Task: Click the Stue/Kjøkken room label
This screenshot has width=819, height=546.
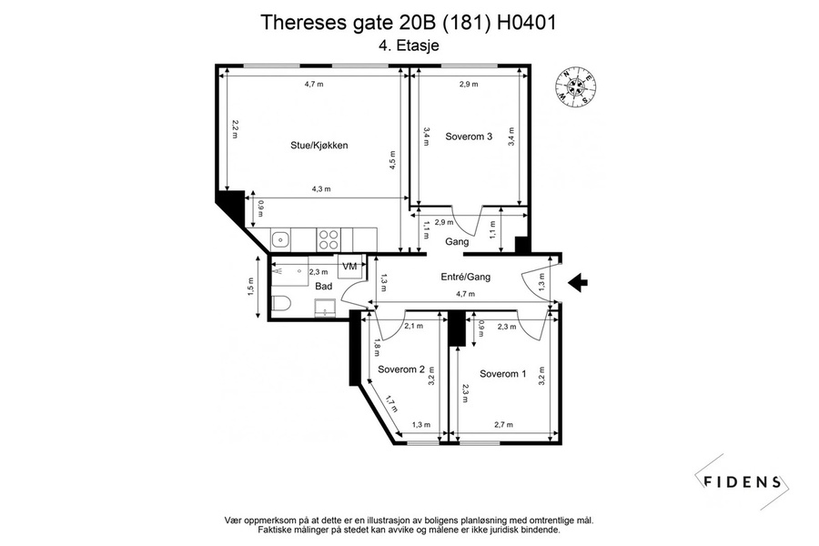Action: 319,146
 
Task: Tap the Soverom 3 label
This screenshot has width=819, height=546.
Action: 469,136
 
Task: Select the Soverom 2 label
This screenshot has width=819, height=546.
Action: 401,369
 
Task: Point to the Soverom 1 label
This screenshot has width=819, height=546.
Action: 503,374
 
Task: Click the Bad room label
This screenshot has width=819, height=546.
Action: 324,287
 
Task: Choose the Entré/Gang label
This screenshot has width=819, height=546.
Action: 466,277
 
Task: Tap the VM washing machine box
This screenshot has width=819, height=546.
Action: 349,266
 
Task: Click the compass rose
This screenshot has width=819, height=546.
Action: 577,88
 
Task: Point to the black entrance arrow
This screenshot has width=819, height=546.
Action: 578,283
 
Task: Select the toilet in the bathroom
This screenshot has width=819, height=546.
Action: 281,303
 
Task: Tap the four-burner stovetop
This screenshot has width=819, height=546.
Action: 329,240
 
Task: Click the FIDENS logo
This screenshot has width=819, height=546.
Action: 742,481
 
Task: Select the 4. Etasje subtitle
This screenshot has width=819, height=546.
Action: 409,45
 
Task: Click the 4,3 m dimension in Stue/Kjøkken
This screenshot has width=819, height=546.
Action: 321,189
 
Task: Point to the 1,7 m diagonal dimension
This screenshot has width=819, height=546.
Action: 391,403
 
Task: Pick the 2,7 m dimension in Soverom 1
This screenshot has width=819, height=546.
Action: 503,425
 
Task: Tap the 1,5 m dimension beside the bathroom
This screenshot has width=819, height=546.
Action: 250,287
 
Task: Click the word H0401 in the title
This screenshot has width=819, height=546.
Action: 527,23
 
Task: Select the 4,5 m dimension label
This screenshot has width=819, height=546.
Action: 392,160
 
